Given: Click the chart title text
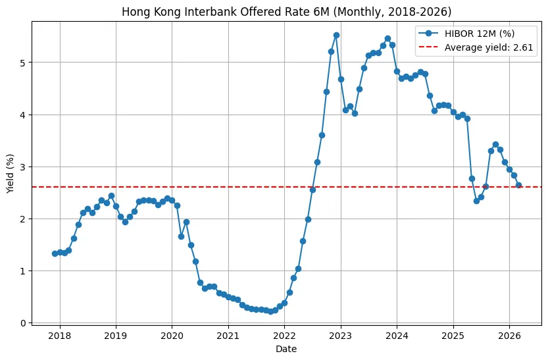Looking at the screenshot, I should (287, 11).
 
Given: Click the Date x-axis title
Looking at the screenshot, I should (287, 349).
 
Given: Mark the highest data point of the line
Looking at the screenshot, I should (336, 35).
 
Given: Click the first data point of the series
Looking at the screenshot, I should (55, 253).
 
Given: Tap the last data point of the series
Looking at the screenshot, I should (518, 185).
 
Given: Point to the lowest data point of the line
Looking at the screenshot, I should (270, 311).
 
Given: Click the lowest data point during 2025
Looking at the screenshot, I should (476, 201).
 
